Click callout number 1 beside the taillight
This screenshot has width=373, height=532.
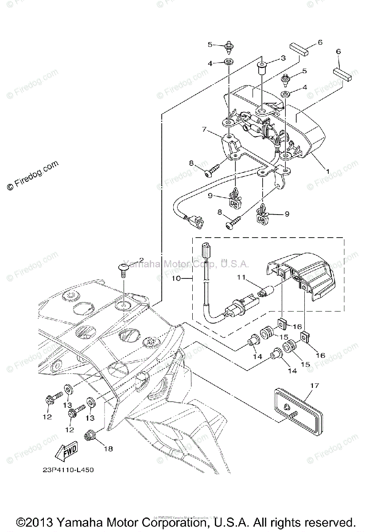tap(327, 171)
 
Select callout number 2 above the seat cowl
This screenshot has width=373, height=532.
tap(141, 260)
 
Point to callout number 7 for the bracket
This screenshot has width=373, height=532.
tap(205, 129)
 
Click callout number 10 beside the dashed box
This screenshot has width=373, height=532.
tap(175, 279)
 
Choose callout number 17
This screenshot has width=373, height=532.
tap(314, 386)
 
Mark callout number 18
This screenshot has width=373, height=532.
tap(108, 449)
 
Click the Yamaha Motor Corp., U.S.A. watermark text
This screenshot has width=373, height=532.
tap(186, 264)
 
